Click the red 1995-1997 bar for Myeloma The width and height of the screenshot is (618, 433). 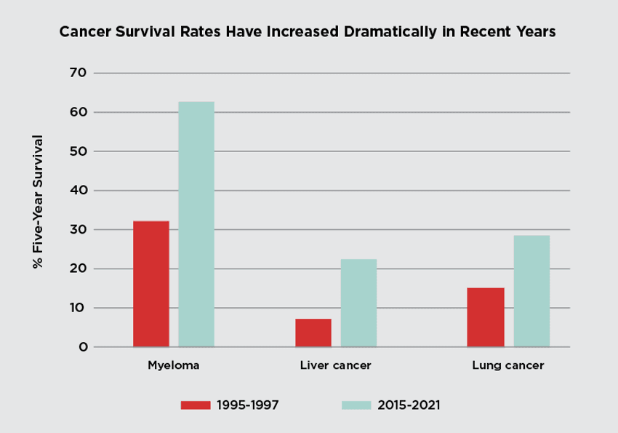[151, 284]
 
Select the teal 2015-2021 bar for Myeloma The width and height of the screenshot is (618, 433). [196, 224]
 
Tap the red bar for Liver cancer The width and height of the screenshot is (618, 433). [313, 333]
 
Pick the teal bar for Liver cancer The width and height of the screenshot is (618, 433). [358, 303]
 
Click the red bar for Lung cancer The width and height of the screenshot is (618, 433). [486, 317]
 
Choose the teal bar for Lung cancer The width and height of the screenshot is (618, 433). [531, 291]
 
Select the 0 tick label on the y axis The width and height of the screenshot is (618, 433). [83, 347]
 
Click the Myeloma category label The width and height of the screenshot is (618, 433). [174, 365]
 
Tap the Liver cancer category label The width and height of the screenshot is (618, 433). [336, 365]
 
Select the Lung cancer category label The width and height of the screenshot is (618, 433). [508, 365]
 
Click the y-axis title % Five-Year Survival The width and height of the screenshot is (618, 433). [39, 202]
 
